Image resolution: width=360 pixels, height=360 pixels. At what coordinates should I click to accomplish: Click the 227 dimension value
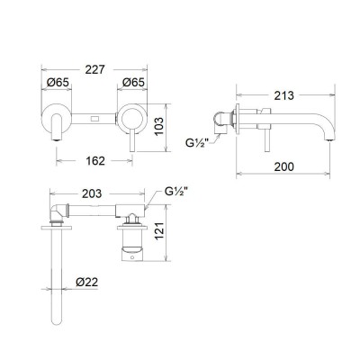click(x=95, y=69)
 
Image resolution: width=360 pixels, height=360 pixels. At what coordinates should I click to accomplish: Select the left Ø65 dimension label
click(x=58, y=82)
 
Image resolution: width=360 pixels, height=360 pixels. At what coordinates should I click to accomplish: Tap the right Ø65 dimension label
click(x=133, y=82)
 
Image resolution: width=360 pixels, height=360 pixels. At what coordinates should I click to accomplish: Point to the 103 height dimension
click(x=159, y=126)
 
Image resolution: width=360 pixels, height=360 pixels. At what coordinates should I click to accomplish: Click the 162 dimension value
click(x=95, y=161)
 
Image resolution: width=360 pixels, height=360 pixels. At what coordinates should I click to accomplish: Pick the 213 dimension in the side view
click(x=284, y=95)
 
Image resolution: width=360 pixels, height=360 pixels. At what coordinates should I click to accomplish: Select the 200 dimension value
click(x=284, y=166)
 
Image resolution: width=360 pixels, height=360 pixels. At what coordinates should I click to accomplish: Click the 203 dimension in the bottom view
click(x=92, y=193)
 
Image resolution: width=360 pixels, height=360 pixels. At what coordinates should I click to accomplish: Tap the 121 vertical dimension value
click(x=159, y=230)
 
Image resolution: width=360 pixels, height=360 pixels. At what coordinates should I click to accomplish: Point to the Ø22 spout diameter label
click(x=86, y=282)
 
